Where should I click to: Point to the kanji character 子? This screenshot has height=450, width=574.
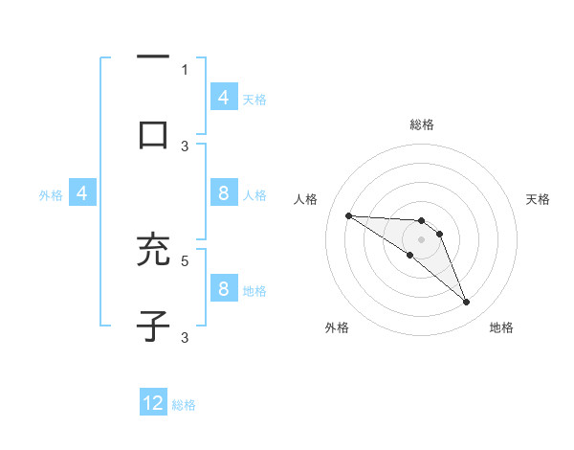(153, 326)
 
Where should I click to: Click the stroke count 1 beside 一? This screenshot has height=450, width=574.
(185, 69)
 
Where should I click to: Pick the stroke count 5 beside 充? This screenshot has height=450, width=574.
(185, 259)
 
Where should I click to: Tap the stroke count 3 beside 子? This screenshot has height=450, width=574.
(185, 337)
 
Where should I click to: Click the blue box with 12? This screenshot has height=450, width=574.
(153, 403)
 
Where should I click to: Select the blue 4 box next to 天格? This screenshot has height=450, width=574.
(223, 97)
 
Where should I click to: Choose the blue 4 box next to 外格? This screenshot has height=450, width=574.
(82, 193)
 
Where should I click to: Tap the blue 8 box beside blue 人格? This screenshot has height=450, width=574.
(223, 193)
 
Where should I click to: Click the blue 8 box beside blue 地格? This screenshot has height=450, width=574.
(223, 289)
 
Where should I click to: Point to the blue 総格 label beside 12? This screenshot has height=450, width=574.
(184, 405)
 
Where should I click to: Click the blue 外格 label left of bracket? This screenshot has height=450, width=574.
(51, 194)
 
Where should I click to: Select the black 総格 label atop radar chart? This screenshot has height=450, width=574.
(421, 124)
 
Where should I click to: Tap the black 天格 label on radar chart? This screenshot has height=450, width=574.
(538, 199)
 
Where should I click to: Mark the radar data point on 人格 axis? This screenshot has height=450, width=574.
(348, 215)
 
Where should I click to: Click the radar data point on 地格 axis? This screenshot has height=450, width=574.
(466, 303)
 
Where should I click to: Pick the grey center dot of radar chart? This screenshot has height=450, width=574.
(421, 239)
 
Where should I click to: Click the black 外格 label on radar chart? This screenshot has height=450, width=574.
(337, 327)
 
